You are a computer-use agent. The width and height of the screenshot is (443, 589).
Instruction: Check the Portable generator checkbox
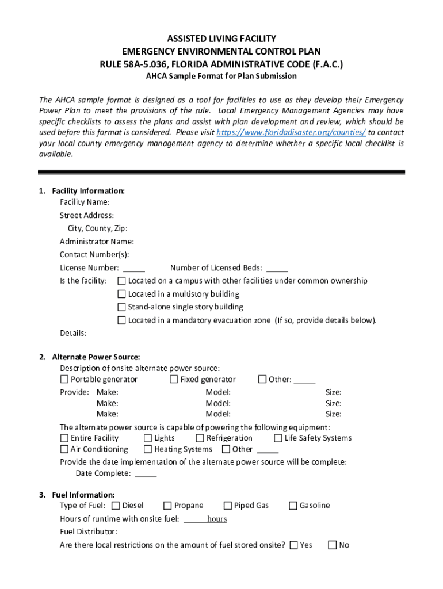tap(64, 379)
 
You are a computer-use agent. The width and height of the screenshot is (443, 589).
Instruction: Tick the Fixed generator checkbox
tap(174, 379)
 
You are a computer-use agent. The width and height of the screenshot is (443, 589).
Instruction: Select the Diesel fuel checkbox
tap(116, 506)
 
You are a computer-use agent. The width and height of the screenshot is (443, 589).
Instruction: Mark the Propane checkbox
tap(167, 506)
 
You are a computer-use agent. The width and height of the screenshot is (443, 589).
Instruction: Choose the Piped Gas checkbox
tap(227, 506)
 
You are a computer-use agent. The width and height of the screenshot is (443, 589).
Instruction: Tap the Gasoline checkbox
tap(293, 506)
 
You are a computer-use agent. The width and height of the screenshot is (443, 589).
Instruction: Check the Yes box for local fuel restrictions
tap(294, 545)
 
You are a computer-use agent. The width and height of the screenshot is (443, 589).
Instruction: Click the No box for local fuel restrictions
tap(332, 545)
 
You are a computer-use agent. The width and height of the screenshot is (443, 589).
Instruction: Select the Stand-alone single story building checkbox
tap(121, 307)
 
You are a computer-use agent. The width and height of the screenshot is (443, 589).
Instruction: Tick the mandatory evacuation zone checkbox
tap(121, 320)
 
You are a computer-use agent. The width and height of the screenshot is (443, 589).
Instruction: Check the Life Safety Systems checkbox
tap(278, 438)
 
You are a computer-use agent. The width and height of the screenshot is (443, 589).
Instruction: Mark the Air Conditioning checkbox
tap(64, 449)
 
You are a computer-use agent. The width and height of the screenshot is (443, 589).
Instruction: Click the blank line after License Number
tap(134, 269)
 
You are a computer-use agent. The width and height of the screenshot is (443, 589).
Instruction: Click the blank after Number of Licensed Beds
tap(277, 269)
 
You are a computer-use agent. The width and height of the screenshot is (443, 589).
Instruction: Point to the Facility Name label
tap(85, 202)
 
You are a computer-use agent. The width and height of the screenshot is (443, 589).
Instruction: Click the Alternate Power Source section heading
tap(96, 357)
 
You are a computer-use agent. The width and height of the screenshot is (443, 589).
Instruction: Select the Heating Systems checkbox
tap(148, 449)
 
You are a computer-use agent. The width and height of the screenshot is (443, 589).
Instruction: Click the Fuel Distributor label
tap(88, 531)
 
